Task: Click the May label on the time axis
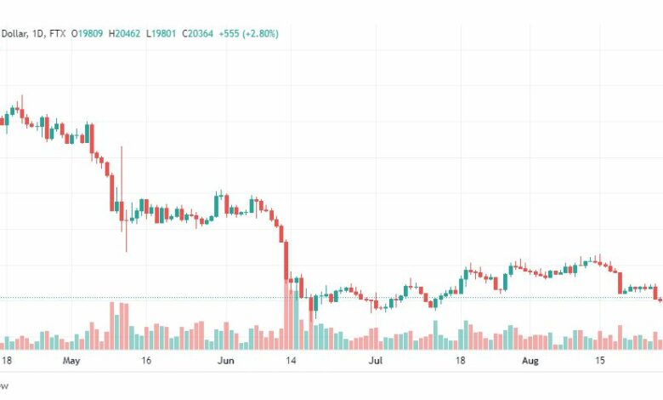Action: (x=71, y=361)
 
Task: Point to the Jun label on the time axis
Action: (x=226, y=361)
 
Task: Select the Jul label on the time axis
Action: (x=374, y=361)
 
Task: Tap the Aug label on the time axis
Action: (x=530, y=361)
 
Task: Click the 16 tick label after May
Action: (x=146, y=361)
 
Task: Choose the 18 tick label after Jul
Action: (x=460, y=361)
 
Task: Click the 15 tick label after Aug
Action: (x=600, y=361)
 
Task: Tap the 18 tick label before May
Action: (x=7, y=361)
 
